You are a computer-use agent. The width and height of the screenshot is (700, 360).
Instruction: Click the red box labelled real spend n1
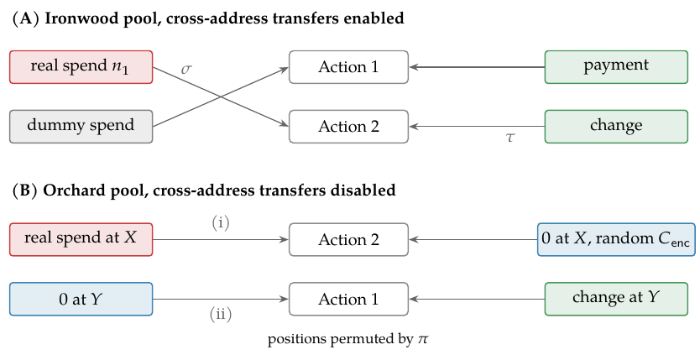coord(81,67)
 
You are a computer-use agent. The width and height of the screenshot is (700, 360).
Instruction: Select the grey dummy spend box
coord(81,126)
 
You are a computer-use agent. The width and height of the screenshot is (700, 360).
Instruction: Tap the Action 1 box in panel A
coord(348,67)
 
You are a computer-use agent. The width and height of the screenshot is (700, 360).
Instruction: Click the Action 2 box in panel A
coord(348,126)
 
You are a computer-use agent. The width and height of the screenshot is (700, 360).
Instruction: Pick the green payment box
coord(616,67)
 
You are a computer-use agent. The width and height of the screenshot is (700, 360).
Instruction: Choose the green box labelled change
coord(616,126)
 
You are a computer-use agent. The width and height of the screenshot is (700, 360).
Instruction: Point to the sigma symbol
coord(186,69)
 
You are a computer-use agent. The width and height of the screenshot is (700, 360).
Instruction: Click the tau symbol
coord(509,138)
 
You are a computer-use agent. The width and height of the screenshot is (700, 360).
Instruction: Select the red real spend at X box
coord(81,239)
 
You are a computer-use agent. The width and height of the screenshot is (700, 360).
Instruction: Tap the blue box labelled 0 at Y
coord(81,299)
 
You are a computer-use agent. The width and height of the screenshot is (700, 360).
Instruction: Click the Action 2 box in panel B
coord(348,239)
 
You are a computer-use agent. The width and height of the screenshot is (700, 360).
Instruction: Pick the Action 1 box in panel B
coord(348,299)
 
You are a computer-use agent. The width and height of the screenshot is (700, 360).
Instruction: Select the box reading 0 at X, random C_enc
coord(616,239)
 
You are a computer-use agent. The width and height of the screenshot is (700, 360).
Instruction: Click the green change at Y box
coord(616,299)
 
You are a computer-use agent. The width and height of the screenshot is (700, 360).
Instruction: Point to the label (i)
coord(221,222)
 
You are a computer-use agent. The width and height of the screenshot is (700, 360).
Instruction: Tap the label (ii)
coord(221,315)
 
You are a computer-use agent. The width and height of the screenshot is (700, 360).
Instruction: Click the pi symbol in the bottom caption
coord(423,340)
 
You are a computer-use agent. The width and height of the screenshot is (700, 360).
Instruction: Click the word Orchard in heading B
coord(72,190)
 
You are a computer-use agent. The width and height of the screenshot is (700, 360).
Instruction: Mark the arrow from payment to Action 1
coord(477,67)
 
